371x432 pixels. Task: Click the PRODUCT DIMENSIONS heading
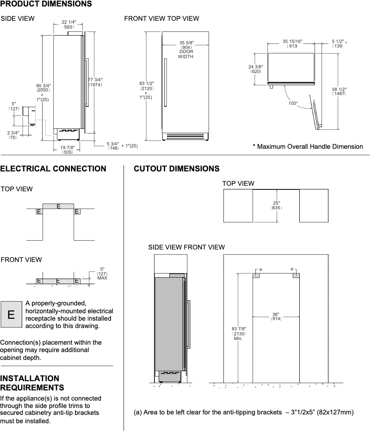pyautogui.click(x=46, y=4)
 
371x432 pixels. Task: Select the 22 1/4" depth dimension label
pyautogui.click(x=68, y=24)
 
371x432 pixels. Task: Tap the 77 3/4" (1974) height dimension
pyautogui.click(x=96, y=82)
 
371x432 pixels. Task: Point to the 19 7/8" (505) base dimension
pyautogui.click(x=67, y=149)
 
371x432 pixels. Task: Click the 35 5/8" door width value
pyautogui.click(x=186, y=45)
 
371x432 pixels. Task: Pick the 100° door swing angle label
pyautogui.click(x=293, y=103)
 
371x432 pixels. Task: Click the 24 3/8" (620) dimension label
pyautogui.click(x=256, y=69)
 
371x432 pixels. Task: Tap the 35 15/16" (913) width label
pyautogui.click(x=292, y=44)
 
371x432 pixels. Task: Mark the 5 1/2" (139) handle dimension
pyautogui.click(x=338, y=44)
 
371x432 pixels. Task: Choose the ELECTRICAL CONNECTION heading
pyautogui.click(x=53, y=169)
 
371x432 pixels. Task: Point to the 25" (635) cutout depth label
pyautogui.click(x=276, y=205)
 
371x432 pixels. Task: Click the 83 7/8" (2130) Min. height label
pyautogui.click(x=239, y=334)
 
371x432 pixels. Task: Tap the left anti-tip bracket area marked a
pyautogui.click(x=256, y=275)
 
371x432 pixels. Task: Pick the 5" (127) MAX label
pyautogui.click(x=102, y=274)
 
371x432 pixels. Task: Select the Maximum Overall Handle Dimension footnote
pyautogui.click(x=308, y=146)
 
